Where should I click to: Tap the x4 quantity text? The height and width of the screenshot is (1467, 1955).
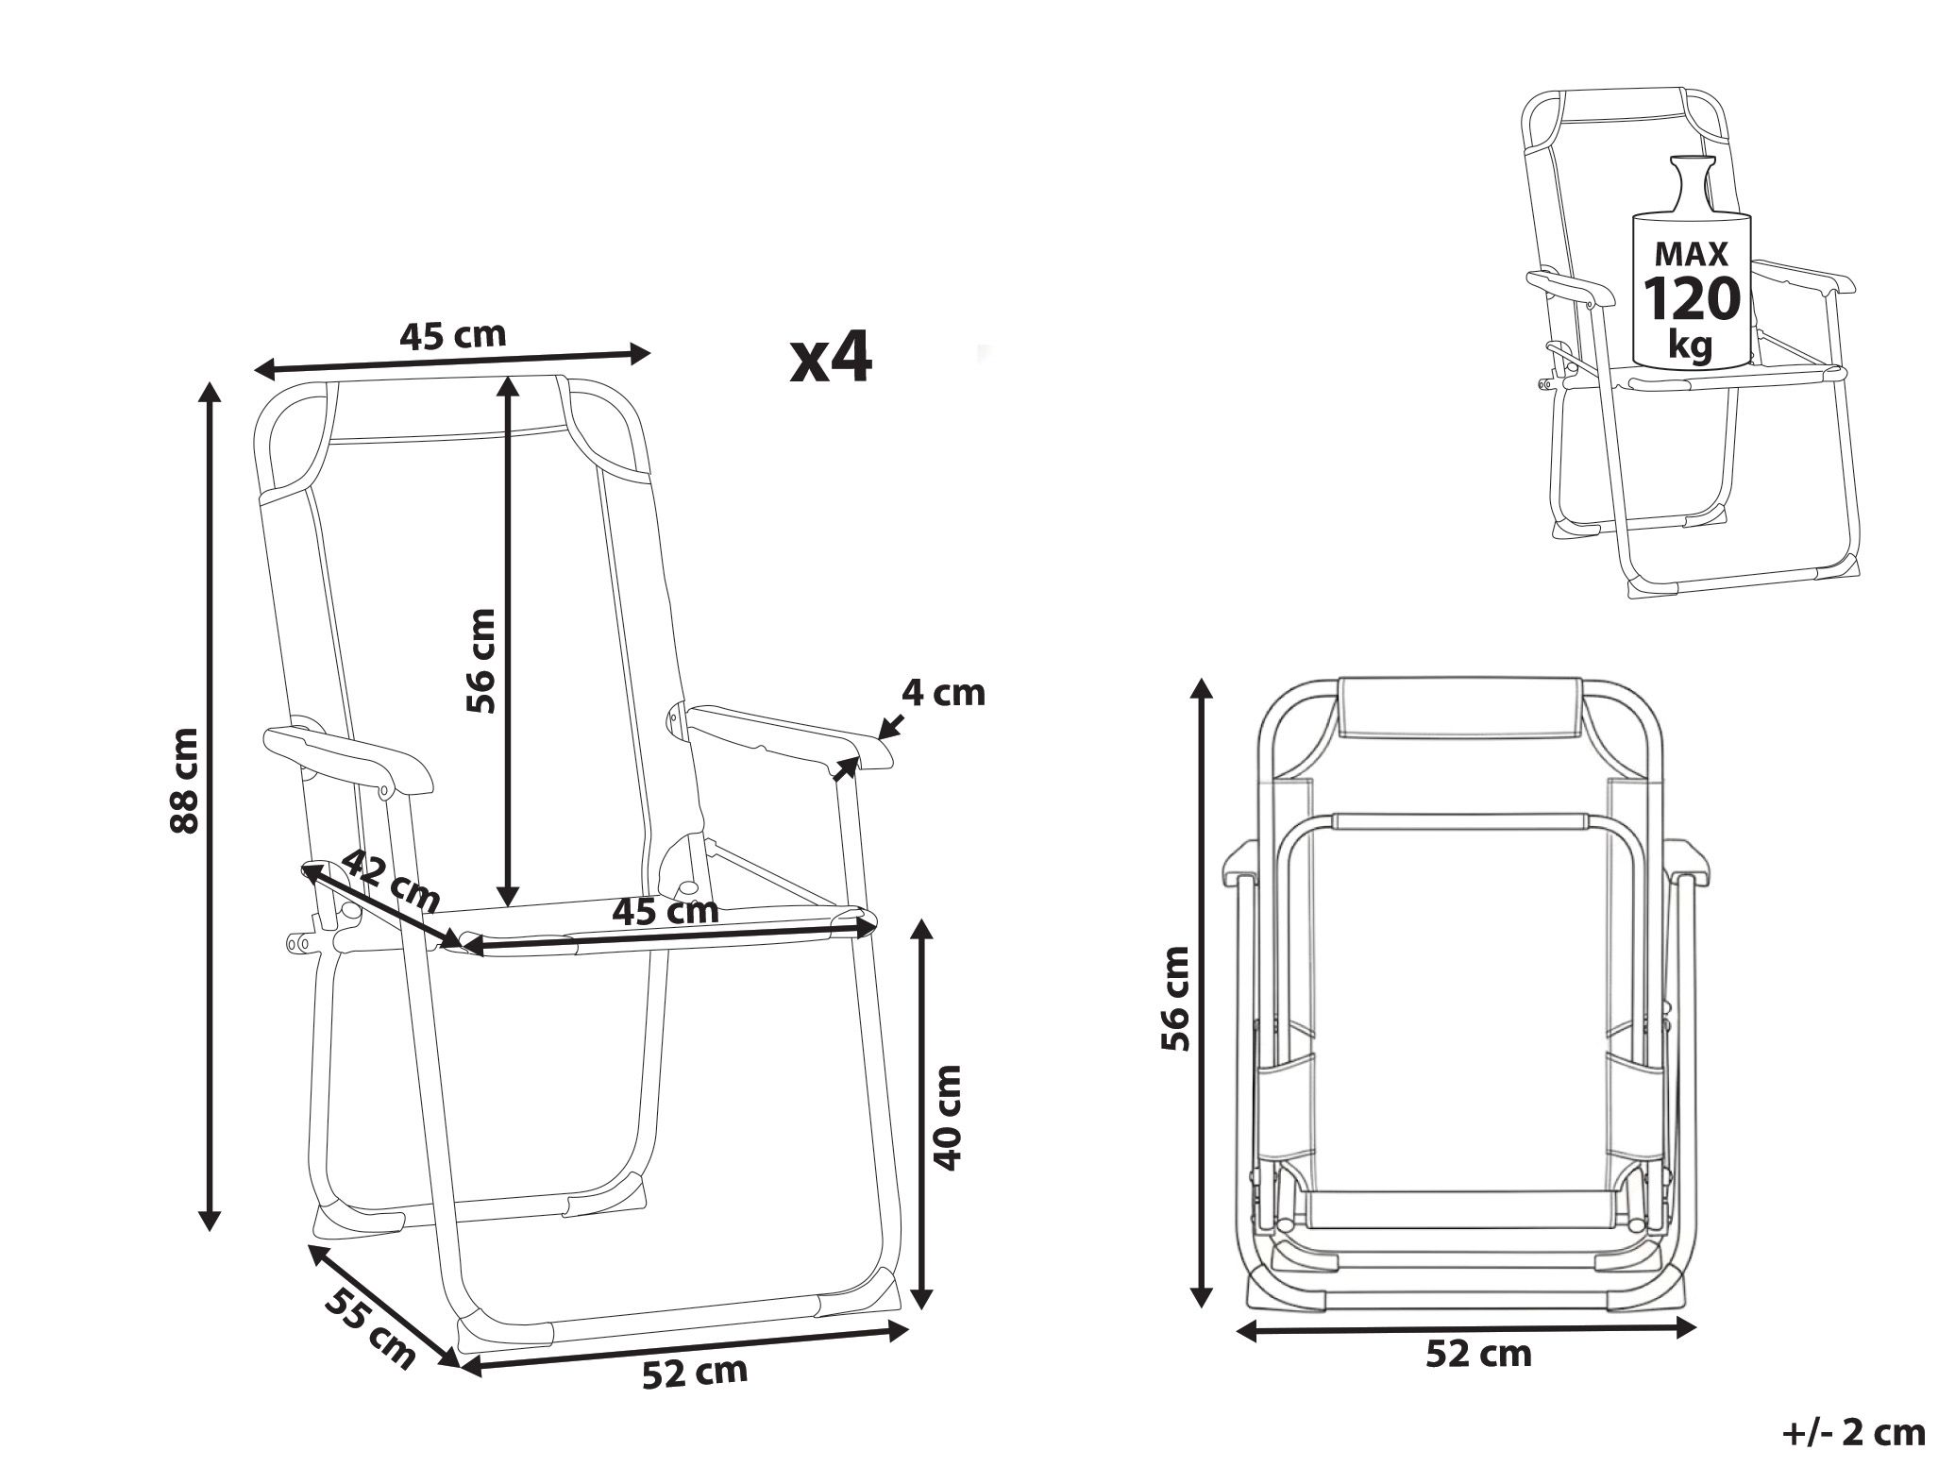831,359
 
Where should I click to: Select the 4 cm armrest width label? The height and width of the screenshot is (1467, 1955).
943,693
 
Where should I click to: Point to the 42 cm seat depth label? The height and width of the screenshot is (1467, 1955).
390,881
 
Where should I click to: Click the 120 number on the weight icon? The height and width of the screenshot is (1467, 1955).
1693,299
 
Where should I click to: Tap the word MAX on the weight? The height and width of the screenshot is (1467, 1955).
1692,254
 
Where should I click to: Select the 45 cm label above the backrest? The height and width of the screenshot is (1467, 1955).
453,335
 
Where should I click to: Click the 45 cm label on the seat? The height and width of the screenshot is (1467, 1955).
666,911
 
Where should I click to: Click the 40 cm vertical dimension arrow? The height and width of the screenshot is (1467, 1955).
924,1113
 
